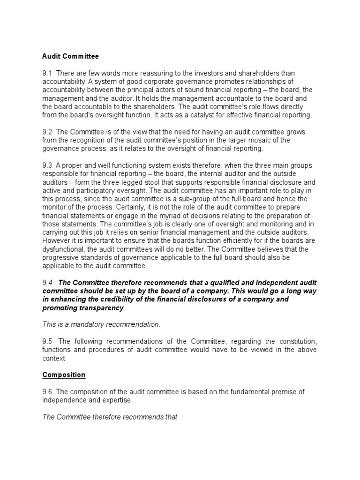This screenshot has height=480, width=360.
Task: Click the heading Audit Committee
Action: point(70,56)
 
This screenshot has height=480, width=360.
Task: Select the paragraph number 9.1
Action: point(47,74)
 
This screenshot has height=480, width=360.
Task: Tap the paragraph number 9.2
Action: point(47,133)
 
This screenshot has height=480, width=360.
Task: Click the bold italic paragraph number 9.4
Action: point(48,282)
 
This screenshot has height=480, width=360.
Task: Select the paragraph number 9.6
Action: point(47,392)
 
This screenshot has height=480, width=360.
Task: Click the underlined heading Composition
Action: point(64,375)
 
